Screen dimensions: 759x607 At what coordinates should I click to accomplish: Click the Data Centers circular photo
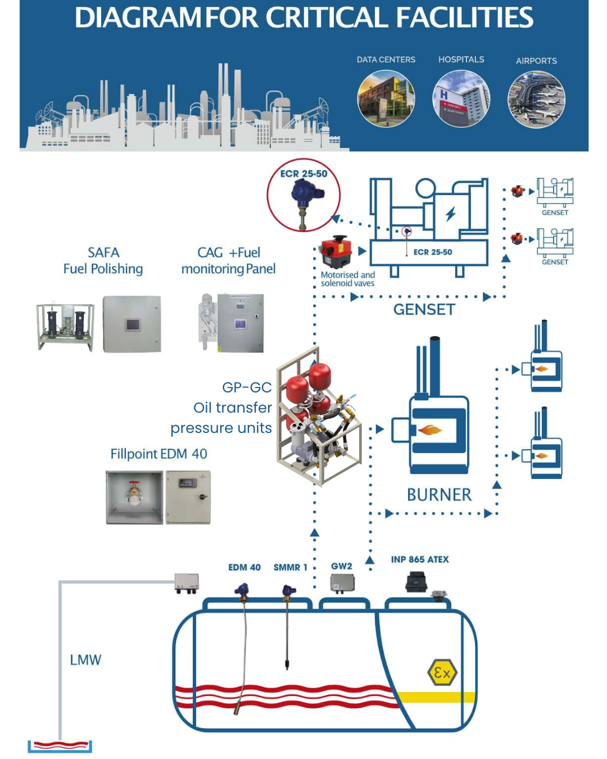[x=386, y=99]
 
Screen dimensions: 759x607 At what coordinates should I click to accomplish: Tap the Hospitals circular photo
[x=461, y=99]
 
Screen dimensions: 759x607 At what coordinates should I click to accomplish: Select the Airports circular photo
[x=536, y=100]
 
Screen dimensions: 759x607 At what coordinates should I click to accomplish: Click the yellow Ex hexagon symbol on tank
[x=442, y=672]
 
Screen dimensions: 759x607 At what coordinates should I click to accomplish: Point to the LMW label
[x=85, y=660]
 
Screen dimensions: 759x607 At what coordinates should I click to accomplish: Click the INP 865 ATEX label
[x=420, y=559]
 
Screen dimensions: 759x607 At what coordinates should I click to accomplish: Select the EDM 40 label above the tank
[x=244, y=567]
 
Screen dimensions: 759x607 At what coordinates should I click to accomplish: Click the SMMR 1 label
[x=290, y=567]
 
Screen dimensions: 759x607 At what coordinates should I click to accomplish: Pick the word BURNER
[x=439, y=495]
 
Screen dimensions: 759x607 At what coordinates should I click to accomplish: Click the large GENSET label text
[x=424, y=310]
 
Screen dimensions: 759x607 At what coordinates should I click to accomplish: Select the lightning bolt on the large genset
[x=451, y=214]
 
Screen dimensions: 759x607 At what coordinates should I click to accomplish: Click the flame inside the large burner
[x=430, y=431]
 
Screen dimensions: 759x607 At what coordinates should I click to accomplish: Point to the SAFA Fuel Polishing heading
[x=103, y=261]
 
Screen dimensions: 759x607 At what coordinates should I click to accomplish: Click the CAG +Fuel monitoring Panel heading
[x=228, y=261]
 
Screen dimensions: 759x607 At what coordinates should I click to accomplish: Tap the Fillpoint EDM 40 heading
[x=158, y=454]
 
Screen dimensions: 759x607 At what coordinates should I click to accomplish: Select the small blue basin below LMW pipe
[x=60, y=747]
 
